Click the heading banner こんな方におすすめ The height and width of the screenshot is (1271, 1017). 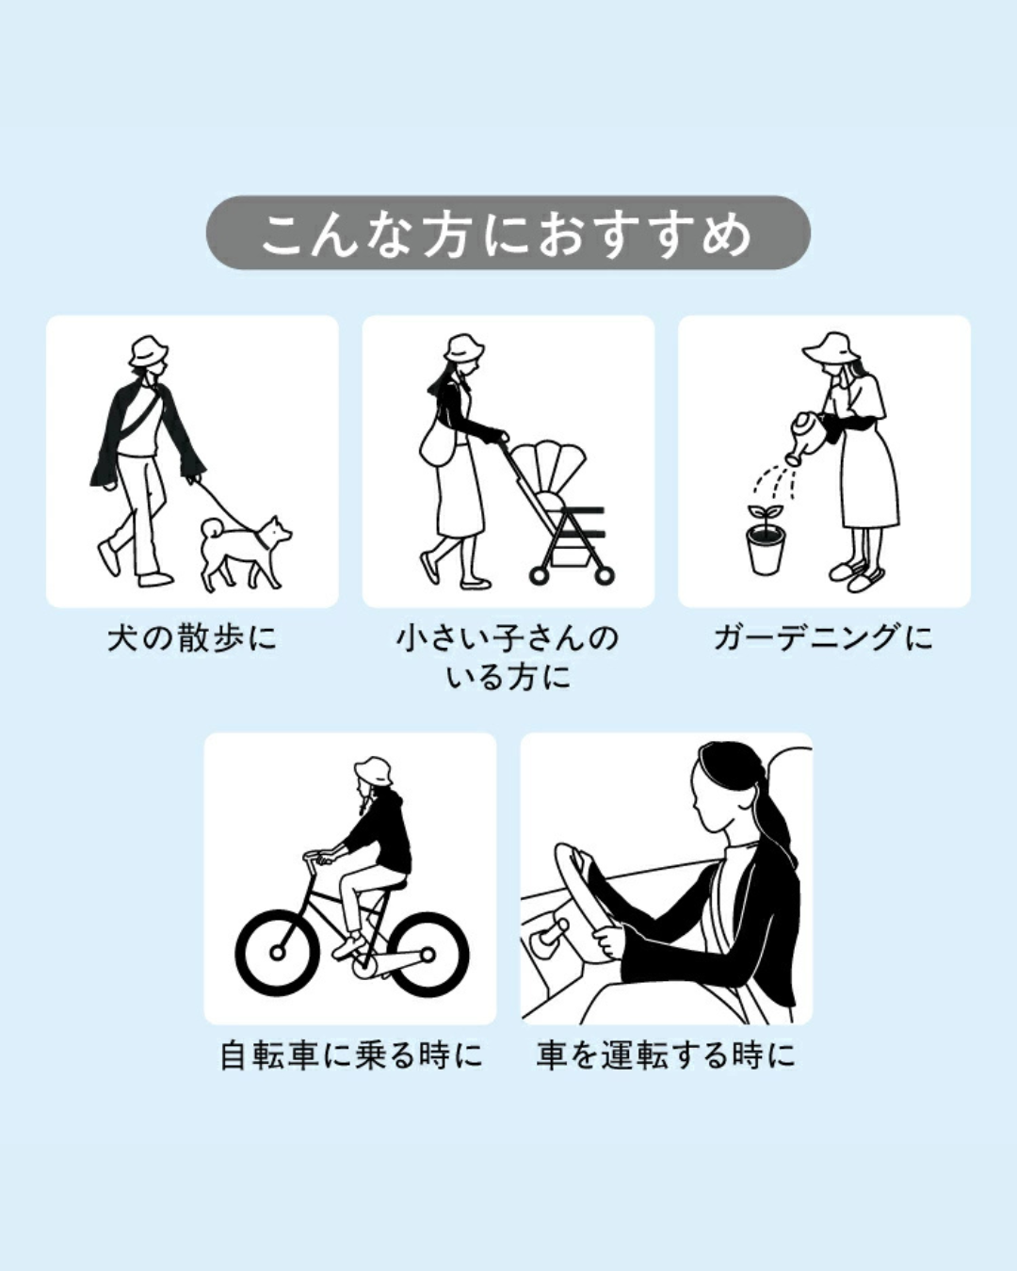coord(508,233)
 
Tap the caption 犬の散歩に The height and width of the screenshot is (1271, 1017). coord(192,638)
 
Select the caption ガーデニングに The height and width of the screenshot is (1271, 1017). coord(823,638)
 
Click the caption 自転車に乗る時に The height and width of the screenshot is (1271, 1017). coord(350,1055)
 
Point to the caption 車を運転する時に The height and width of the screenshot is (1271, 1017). coord(666,1055)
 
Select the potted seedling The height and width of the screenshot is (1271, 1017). coord(766,541)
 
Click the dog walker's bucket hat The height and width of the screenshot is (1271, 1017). coord(148,352)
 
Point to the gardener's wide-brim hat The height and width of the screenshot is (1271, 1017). coord(831,348)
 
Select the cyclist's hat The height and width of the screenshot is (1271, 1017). coord(374,771)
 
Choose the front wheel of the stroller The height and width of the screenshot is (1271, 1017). coord(540,573)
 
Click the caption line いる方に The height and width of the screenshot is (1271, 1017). coord(508,677)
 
